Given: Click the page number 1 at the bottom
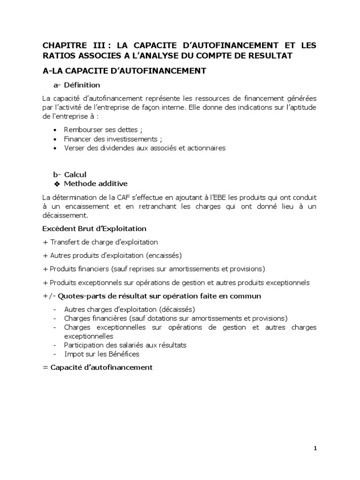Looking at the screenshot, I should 315,448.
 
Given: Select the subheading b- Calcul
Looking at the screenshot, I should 70,174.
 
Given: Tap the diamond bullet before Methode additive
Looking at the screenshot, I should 57,183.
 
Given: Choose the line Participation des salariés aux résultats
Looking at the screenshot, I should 125,345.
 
